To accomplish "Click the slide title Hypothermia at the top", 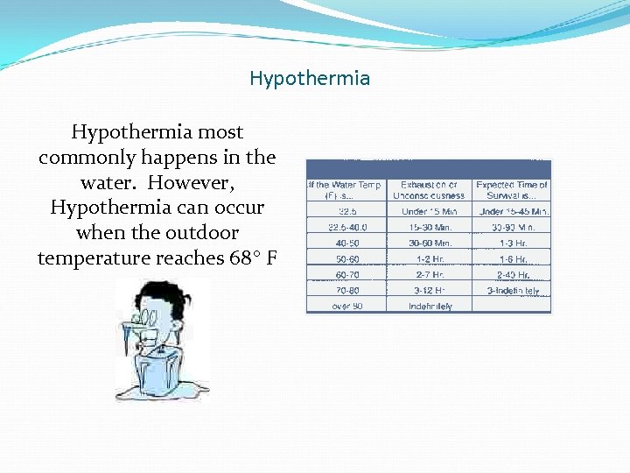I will pyautogui.click(x=310, y=79).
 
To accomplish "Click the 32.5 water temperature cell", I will pyautogui.click(x=346, y=211).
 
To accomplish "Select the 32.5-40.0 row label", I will pyautogui.click(x=346, y=227).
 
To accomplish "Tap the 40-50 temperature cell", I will pyautogui.click(x=346, y=243).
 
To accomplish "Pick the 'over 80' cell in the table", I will pyautogui.click(x=346, y=306).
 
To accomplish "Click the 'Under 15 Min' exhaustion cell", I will pyautogui.click(x=430, y=211).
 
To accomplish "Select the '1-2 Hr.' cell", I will pyautogui.click(x=430, y=258).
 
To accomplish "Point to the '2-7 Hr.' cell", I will pyautogui.click(x=430, y=274).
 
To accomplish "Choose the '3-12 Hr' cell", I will pyautogui.click(x=430, y=290).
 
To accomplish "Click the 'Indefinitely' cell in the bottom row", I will pyautogui.click(x=430, y=306).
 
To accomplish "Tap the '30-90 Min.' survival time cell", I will pyautogui.click(x=513, y=227).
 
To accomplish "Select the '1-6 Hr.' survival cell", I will pyautogui.click(x=513, y=258).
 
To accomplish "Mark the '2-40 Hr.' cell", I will pyautogui.click(x=513, y=274).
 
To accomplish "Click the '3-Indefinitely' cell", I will pyautogui.click(x=513, y=290).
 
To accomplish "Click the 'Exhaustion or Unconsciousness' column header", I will pyautogui.click(x=430, y=190).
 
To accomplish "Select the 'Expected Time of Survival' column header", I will pyautogui.click(x=513, y=190).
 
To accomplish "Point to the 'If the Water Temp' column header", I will pyautogui.click(x=345, y=190).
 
